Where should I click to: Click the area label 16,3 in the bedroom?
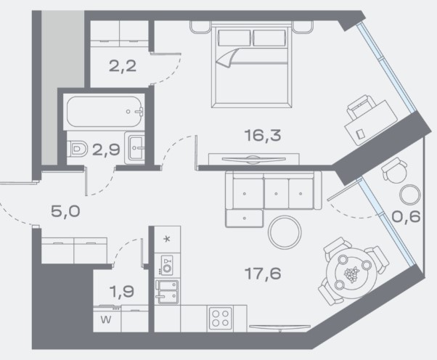263,136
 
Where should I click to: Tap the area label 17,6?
263,274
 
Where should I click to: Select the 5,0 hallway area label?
65,211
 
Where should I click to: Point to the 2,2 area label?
123,66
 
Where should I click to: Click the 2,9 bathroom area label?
106,150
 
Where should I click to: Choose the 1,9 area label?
122,292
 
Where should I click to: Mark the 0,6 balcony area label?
406,216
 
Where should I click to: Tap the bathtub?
105,112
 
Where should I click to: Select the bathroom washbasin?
135,147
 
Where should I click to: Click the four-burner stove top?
221,319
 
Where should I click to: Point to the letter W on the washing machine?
106,319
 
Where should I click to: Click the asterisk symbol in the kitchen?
167,239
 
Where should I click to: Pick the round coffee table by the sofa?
285,232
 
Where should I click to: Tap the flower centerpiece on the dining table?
351,274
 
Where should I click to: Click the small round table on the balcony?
409,195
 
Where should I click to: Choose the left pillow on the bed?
234,38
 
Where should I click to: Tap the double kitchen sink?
167,292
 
